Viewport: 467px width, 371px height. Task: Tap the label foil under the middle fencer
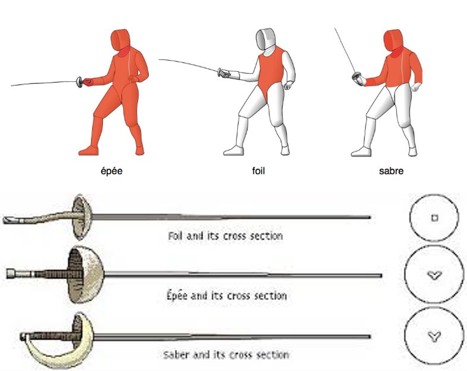258,171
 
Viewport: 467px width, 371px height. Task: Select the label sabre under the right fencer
391,171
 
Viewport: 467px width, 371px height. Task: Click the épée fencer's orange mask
120,40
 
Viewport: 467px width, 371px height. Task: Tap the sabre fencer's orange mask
392,40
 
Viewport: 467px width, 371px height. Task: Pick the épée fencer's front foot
89,150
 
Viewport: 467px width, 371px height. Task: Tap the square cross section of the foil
434,218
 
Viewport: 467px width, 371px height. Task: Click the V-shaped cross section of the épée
432,274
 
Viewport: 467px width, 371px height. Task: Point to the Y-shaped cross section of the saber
432,336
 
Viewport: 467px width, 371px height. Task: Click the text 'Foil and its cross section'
225,236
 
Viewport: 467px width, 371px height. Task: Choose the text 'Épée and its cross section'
226,295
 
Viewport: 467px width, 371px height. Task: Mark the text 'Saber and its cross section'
226,355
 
